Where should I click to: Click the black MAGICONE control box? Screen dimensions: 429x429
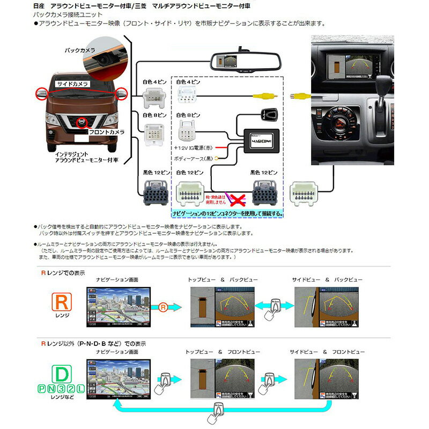pyautogui.click(x=262, y=138)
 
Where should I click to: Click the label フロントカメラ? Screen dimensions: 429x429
pyautogui.click(x=107, y=132)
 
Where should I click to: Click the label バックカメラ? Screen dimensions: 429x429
pyautogui.click(x=80, y=50)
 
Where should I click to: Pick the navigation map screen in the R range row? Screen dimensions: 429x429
pyautogui.click(x=119, y=307)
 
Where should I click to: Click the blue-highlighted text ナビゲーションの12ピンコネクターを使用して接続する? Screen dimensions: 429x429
pyautogui.click(x=227, y=213)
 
